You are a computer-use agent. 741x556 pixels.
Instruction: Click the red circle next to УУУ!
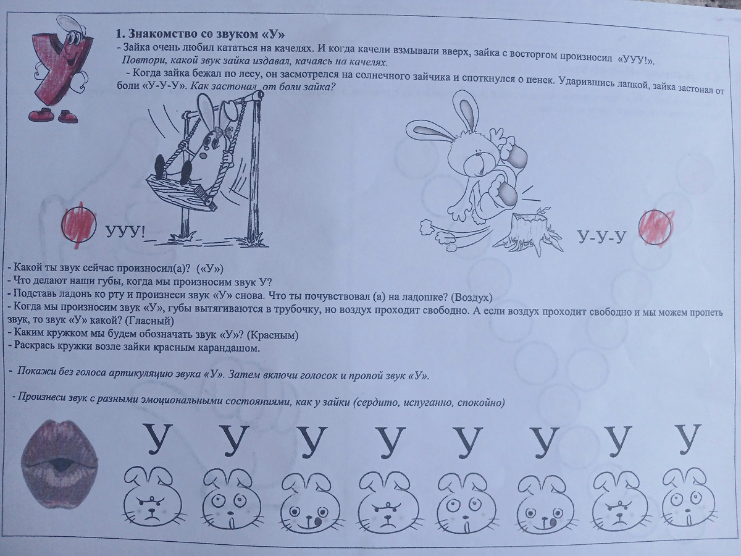(x=79, y=224)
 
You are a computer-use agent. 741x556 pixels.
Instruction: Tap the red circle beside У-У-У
(x=655, y=227)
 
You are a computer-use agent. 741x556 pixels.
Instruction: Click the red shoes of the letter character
(x=53, y=115)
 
